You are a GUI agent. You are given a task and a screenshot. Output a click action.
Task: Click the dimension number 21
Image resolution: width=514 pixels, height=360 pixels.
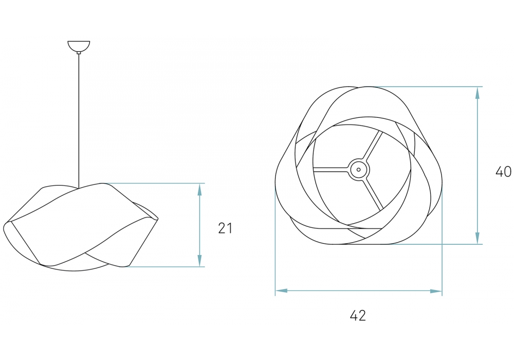pos(225,228)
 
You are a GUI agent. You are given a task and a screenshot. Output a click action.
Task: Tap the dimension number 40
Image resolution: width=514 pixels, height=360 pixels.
pos(503,171)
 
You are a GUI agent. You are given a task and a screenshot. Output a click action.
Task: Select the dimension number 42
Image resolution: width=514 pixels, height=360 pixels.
pos(358,315)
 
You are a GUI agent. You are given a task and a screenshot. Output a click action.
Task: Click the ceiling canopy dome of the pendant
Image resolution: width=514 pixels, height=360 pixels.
pos(79,46)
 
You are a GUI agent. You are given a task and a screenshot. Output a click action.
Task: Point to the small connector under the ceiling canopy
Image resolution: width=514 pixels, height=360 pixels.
pos(79,52)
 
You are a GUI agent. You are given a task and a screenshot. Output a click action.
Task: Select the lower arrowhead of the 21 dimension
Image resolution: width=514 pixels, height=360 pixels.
pos(199,260)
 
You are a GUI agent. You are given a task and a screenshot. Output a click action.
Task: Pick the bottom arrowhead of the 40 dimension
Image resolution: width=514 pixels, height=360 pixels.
pos(478,238)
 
